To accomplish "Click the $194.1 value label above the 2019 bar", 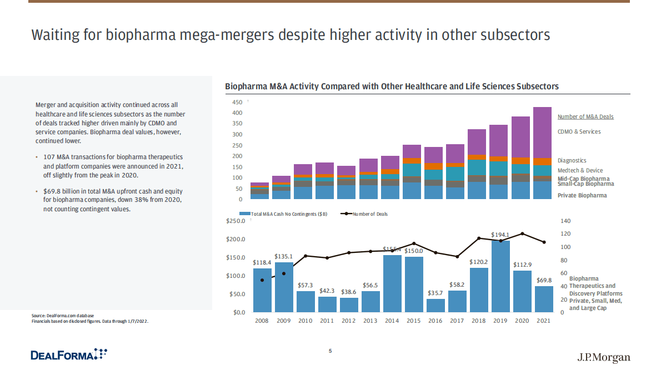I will [500, 235].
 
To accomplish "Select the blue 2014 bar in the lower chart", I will [392, 283].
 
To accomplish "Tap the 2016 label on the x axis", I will [435, 321].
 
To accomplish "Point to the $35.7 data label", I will [435, 293].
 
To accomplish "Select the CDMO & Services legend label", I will [579, 132].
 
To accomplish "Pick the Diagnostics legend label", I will [572, 161].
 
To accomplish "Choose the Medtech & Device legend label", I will [580, 170].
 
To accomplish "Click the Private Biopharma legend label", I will [582, 195].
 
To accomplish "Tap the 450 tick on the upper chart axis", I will [237, 102].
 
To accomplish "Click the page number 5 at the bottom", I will [330, 350].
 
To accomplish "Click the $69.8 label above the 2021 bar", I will [544, 280].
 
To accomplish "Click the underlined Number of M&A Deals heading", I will [585, 117].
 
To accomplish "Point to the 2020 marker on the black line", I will [522, 233].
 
